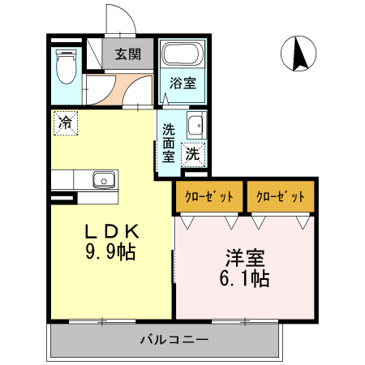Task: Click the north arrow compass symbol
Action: (x=298, y=54)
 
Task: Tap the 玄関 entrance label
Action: (x=127, y=55)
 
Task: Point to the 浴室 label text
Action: (x=182, y=83)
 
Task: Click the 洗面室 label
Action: (x=169, y=141)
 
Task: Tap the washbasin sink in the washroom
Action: (x=195, y=126)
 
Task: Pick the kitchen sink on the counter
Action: (x=102, y=178)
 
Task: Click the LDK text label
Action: (x=112, y=230)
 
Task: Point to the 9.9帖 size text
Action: (x=112, y=251)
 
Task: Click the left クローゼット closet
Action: (x=208, y=197)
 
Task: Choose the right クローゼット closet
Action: (x=281, y=197)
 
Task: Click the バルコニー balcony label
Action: (x=174, y=339)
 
